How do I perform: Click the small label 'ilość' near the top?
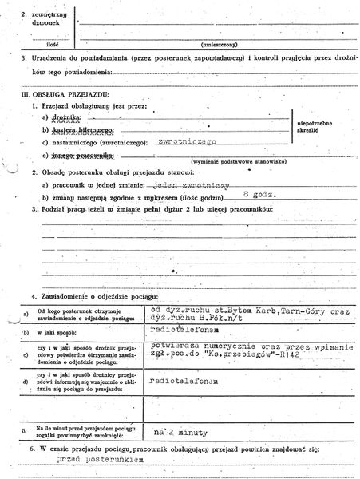click(x=55, y=46)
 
